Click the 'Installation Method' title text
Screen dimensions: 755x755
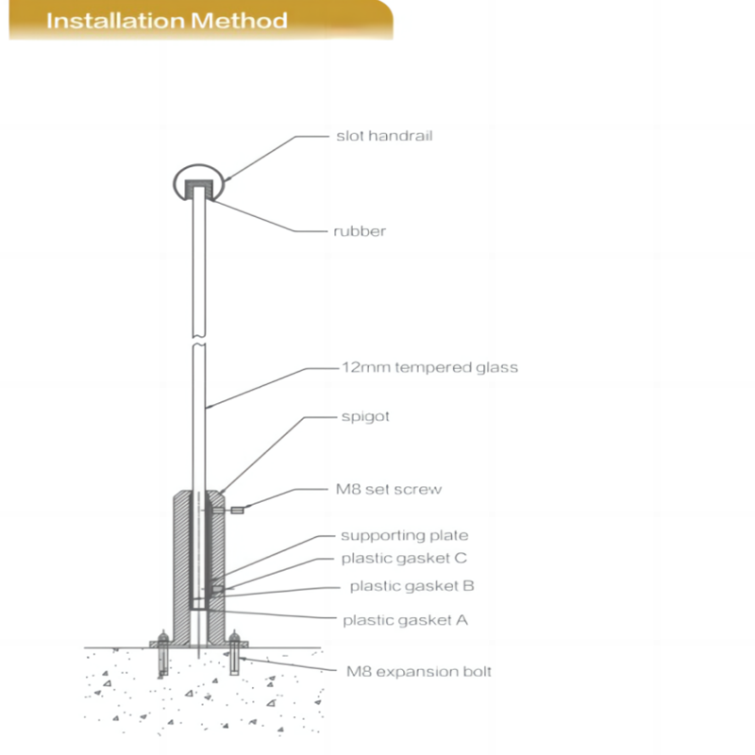click(167, 21)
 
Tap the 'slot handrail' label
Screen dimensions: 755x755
click(384, 136)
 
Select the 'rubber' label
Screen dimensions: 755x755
click(360, 231)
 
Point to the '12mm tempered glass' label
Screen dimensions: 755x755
click(430, 367)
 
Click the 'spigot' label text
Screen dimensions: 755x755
click(365, 416)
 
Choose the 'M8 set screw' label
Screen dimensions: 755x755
click(389, 489)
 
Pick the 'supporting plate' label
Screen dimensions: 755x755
click(405, 535)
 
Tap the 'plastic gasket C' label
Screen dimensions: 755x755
click(404, 558)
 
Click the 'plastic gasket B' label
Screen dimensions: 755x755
click(412, 586)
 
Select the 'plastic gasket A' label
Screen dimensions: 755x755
click(406, 620)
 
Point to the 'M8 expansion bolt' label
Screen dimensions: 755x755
click(419, 671)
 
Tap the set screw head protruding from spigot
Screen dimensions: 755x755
click(237, 510)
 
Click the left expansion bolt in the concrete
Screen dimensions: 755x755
click(163, 654)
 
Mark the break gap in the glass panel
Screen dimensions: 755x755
click(199, 341)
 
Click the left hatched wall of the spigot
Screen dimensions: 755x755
click(182, 568)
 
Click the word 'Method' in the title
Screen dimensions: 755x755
click(240, 21)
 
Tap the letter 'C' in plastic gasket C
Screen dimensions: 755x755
click(461, 558)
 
